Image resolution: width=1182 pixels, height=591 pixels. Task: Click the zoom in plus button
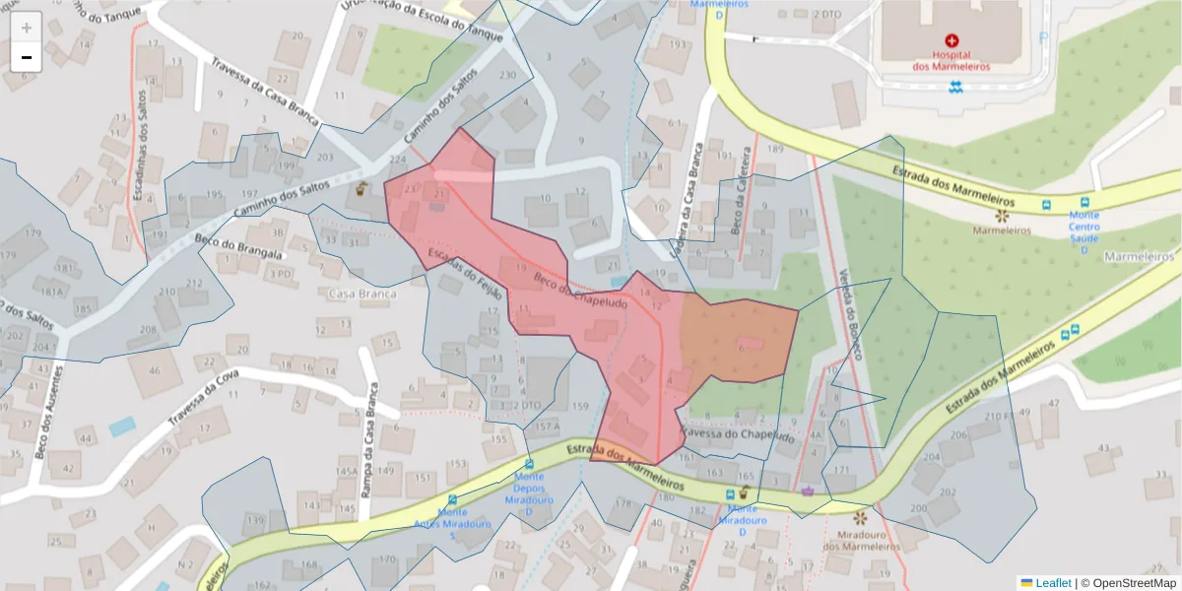tap(27, 27)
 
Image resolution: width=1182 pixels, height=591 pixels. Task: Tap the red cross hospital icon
tap(951, 40)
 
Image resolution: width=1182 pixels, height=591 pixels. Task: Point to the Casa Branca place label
tap(362, 294)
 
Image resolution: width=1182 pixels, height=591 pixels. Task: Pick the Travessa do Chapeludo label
tap(737, 434)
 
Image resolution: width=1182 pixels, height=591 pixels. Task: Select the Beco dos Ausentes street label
tap(42, 412)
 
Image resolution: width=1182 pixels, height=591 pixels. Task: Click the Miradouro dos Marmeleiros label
tap(862, 540)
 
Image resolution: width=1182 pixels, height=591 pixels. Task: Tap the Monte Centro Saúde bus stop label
tap(1084, 231)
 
